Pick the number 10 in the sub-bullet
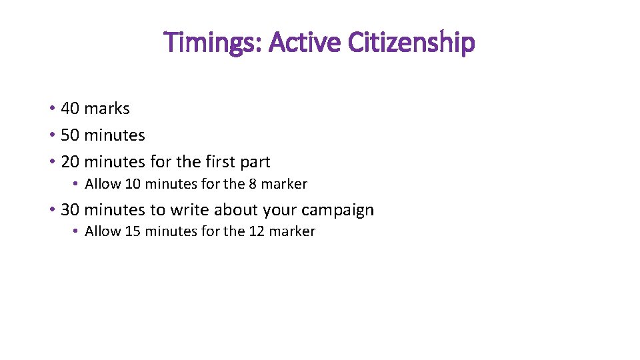[133, 184]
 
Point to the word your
[279, 211]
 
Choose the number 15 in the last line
[133, 232]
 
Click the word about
[236, 210]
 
